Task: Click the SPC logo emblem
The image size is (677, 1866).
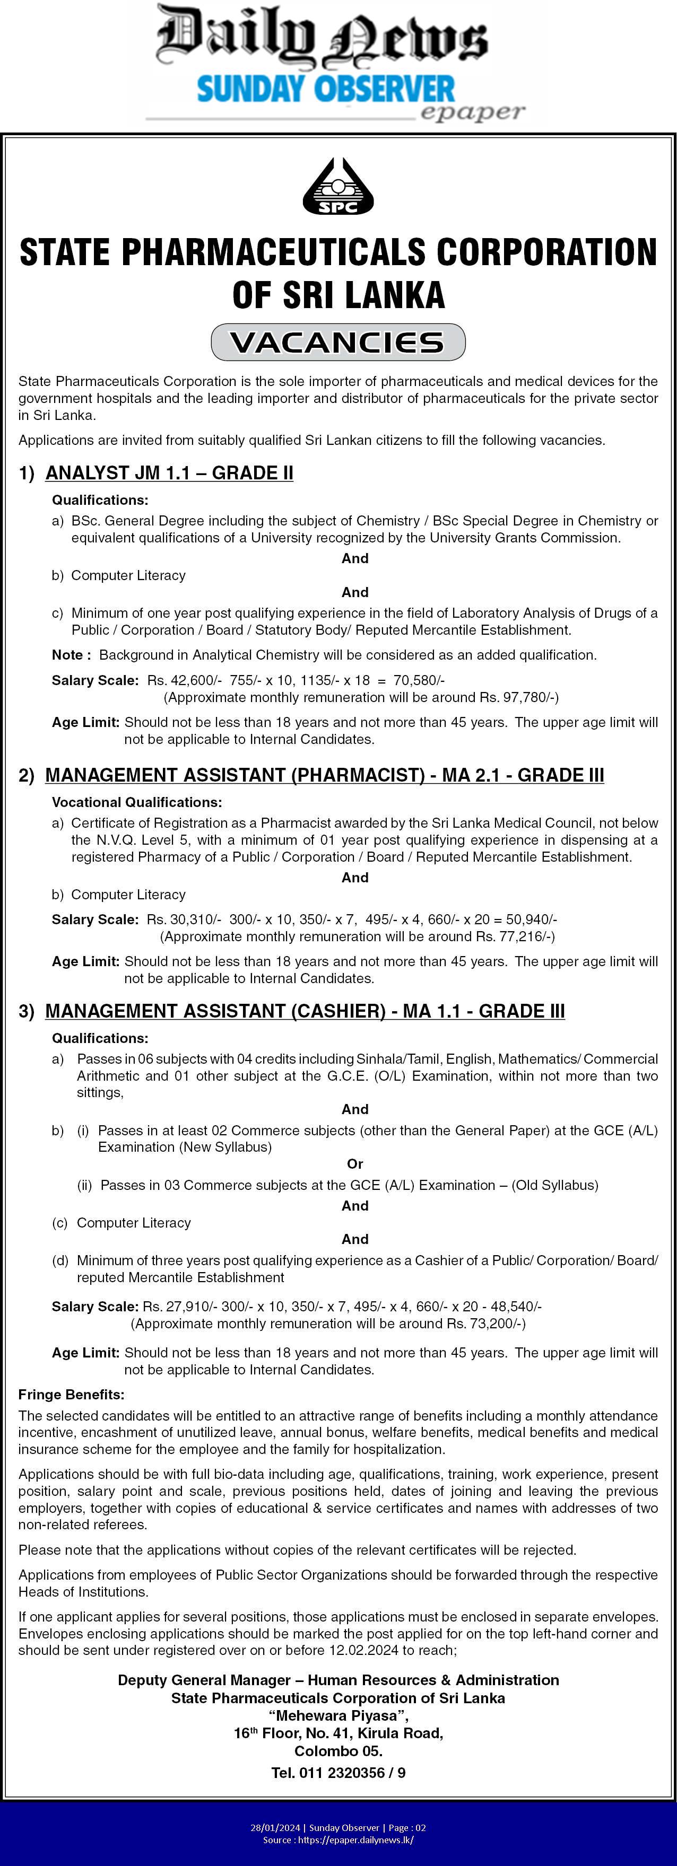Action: [338, 186]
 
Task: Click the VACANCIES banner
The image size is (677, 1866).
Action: [338, 343]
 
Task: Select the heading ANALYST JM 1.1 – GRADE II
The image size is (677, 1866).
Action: [169, 473]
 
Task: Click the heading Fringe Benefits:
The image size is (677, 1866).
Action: [71, 1395]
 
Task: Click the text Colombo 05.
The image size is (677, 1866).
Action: [338, 1751]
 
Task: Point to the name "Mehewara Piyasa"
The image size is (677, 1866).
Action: [338, 1715]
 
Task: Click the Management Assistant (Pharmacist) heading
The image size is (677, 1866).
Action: [324, 775]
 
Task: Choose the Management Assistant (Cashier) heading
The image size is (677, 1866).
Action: [305, 1011]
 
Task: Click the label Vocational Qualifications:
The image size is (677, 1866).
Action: [136, 802]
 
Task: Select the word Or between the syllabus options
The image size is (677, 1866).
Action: [354, 1164]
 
